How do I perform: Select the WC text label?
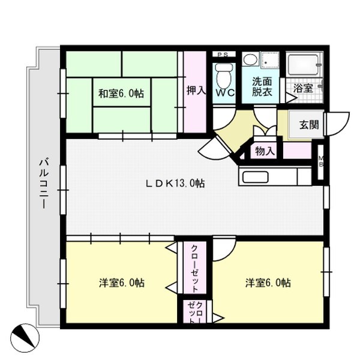point(226,94)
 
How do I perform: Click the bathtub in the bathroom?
point(304,64)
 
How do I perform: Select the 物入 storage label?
point(265,151)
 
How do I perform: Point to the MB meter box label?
point(321,161)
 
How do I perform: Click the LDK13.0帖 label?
point(176,184)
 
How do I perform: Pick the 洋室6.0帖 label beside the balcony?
point(122,282)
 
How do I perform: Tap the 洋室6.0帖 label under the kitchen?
point(268,282)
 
